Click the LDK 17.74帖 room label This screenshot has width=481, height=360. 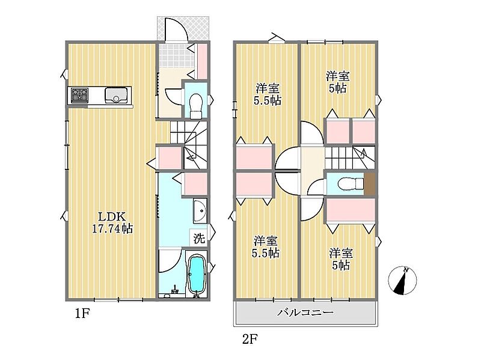pos(112,222)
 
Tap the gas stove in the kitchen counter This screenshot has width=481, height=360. pos(79,95)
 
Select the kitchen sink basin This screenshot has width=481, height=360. pos(116,96)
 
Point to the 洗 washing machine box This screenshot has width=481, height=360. pos(199,238)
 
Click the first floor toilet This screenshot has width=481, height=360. pos(195,106)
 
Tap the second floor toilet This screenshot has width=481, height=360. pos(350,184)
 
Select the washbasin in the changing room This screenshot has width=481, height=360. pos(200,210)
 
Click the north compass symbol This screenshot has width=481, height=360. pos(402,279)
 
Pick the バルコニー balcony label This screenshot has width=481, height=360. pos(305,313)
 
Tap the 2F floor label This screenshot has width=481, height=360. pos(250,339)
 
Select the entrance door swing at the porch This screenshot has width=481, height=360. pos(176,28)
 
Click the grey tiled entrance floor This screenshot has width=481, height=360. pos(176,55)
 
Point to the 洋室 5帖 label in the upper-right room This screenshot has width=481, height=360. pos(338,82)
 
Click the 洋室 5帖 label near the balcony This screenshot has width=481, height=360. pos(341,259)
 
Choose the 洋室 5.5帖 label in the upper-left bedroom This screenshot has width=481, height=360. pos(267,94)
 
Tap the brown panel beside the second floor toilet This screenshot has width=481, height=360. pos(369,184)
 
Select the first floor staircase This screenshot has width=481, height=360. pos(188,145)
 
